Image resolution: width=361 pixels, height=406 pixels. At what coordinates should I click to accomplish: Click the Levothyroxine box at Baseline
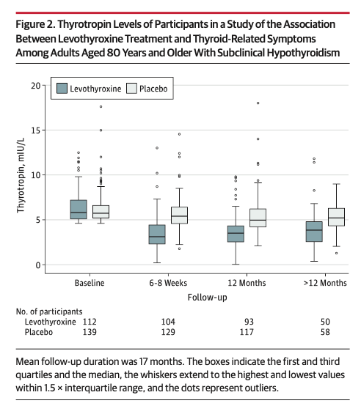[79, 209]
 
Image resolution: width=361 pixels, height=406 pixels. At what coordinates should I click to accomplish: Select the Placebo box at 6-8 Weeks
[179, 215]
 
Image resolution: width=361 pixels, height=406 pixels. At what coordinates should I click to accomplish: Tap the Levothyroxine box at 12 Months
[236, 234]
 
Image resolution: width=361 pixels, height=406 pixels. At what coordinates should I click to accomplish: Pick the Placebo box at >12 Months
[336, 217]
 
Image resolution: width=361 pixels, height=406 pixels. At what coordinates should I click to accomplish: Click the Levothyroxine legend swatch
[62, 88]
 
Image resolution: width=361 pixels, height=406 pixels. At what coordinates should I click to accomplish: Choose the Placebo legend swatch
[131, 88]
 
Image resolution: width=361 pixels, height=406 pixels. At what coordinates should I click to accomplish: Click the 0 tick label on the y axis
[38, 265]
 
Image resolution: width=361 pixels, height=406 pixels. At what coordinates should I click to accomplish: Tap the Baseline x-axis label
[90, 283]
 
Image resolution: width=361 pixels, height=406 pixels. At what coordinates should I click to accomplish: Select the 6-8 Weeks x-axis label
[168, 283]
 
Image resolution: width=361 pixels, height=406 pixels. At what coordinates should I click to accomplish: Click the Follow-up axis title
[208, 298]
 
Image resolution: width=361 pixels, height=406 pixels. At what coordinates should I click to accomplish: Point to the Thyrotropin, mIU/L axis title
[21, 175]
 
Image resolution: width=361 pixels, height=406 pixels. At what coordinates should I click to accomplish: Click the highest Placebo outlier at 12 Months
[258, 103]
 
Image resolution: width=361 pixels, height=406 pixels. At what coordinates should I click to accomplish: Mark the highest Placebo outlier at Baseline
[101, 107]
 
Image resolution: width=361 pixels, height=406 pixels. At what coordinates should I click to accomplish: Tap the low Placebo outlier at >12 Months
[336, 254]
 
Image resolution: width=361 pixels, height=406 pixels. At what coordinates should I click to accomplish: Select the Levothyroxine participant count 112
[90, 322]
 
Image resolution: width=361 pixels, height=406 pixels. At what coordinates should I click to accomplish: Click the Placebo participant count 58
[325, 332]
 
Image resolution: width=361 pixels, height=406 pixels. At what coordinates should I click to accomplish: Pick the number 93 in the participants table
[249, 322]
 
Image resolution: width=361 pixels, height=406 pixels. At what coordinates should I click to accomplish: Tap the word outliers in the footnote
[260, 388]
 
